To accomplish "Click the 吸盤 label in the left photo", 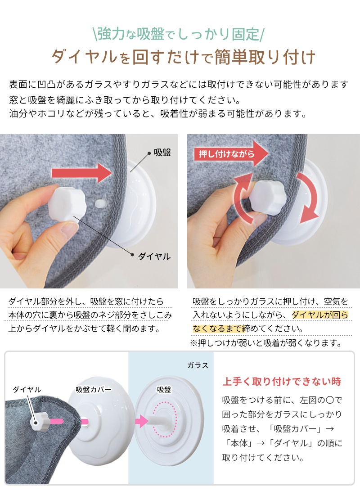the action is pos(162,153).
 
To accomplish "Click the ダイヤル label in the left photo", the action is pos(154,256).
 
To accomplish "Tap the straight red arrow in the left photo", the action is pos(82,173).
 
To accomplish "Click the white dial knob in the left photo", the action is pos(67,203).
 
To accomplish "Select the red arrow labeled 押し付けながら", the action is pos(231,154).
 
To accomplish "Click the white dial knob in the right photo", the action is pos(267,197).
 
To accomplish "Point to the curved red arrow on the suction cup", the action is pos(308,197).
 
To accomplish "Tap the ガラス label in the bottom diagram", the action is pos(198,365).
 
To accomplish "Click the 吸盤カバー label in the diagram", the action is pos(94,390).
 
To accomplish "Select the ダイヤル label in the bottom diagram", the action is pos(27,390).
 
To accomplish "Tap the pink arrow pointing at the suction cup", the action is pos(142,421).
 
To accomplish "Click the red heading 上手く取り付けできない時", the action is pos(282,382).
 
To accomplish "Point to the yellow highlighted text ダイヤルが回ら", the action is pos(319,315).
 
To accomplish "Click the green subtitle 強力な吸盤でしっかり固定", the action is pos(178,34).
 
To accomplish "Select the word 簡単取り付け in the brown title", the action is pos(265,57).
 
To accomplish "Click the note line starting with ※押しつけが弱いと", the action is pos(266,343).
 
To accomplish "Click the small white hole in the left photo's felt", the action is pos(101,202).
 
